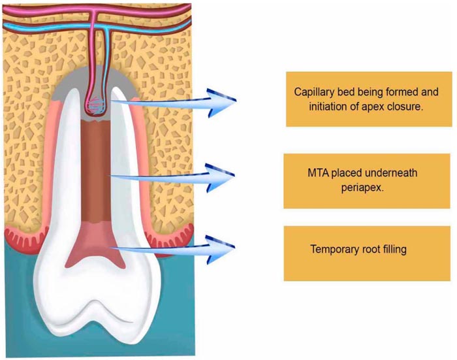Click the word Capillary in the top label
tap(315, 91)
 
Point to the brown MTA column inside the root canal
tap(100, 170)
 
